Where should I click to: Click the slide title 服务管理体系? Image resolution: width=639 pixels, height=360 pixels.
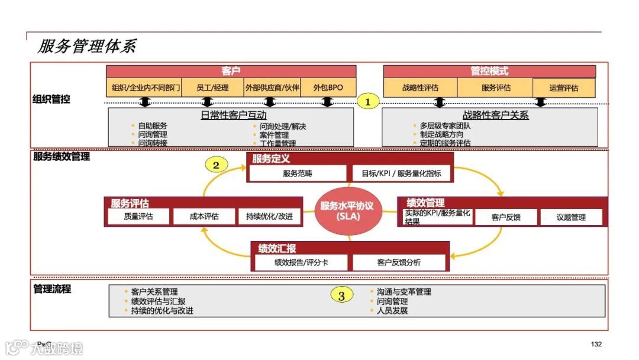coord(88,47)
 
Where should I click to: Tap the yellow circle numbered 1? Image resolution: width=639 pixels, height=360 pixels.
coord(367,102)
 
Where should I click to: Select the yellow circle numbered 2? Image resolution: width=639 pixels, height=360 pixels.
coord(216,165)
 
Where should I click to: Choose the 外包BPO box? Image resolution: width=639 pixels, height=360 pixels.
coord(328,88)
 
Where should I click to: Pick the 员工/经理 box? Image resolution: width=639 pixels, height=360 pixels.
coord(212,88)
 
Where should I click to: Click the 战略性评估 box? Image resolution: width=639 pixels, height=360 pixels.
coord(420,88)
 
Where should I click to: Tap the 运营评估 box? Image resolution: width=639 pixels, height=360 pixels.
coord(563,88)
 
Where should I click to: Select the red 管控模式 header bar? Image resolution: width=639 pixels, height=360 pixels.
coord(489,72)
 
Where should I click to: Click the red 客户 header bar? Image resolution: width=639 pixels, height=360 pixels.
coord(231,72)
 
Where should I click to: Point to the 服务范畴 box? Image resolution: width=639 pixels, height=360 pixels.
coord(297,173)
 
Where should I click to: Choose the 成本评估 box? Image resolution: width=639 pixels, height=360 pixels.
coord(204,217)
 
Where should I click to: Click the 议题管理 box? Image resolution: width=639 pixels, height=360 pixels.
coord(571,217)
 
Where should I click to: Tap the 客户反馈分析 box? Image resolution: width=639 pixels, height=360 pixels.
coord(399,262)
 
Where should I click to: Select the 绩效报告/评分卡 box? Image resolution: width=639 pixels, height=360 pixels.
coord(301,262)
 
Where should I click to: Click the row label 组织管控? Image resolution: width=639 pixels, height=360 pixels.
coord(51,99)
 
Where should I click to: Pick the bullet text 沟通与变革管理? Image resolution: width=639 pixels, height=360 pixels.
coord(404,292)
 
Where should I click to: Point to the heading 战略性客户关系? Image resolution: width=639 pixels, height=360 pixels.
coord(495,115)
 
